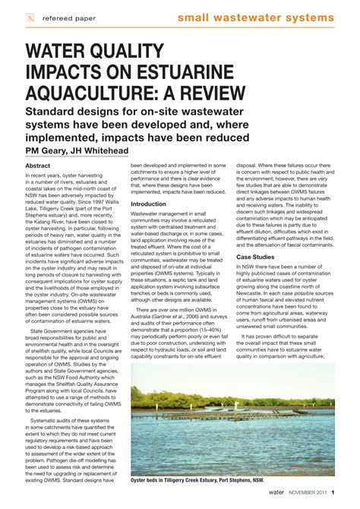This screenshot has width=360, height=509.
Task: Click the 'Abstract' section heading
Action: click(38, 166)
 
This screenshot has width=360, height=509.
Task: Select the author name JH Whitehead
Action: click(99, 150)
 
